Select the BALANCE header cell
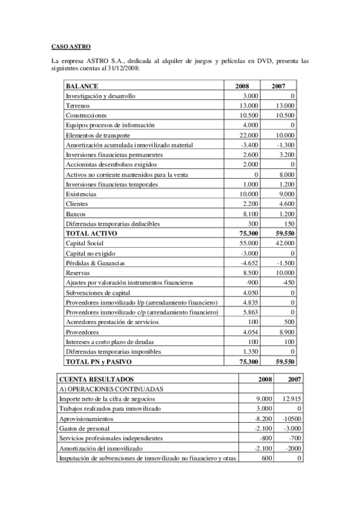click(82, 86)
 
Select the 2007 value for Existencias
click(285, 194)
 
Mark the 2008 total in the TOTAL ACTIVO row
click(249, 233)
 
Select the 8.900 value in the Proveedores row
click(285, 331)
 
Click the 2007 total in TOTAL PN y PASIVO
click(282, 361)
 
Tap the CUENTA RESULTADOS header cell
click(96, 379)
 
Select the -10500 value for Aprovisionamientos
click(291, 419)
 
